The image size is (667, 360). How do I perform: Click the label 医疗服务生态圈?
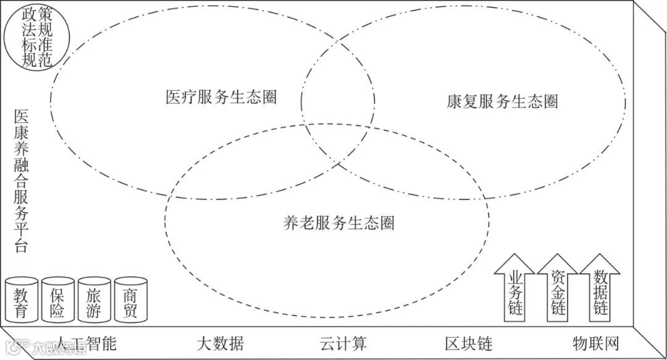click(220, 97)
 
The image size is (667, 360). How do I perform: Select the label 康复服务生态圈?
click(502, 101)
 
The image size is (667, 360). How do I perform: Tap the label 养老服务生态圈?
click(337, 223)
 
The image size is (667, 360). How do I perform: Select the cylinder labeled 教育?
click(20, 299)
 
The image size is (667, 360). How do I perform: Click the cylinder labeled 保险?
click(57, 299)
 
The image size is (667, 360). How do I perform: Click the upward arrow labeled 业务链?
click(514, 290)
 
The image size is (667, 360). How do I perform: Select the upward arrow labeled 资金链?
click(557, 290)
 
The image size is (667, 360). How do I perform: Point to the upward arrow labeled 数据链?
click(600, 290)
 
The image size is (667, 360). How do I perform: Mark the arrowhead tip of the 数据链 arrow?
click(600, 254)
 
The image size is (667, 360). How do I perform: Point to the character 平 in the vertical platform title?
click(21, 233)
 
